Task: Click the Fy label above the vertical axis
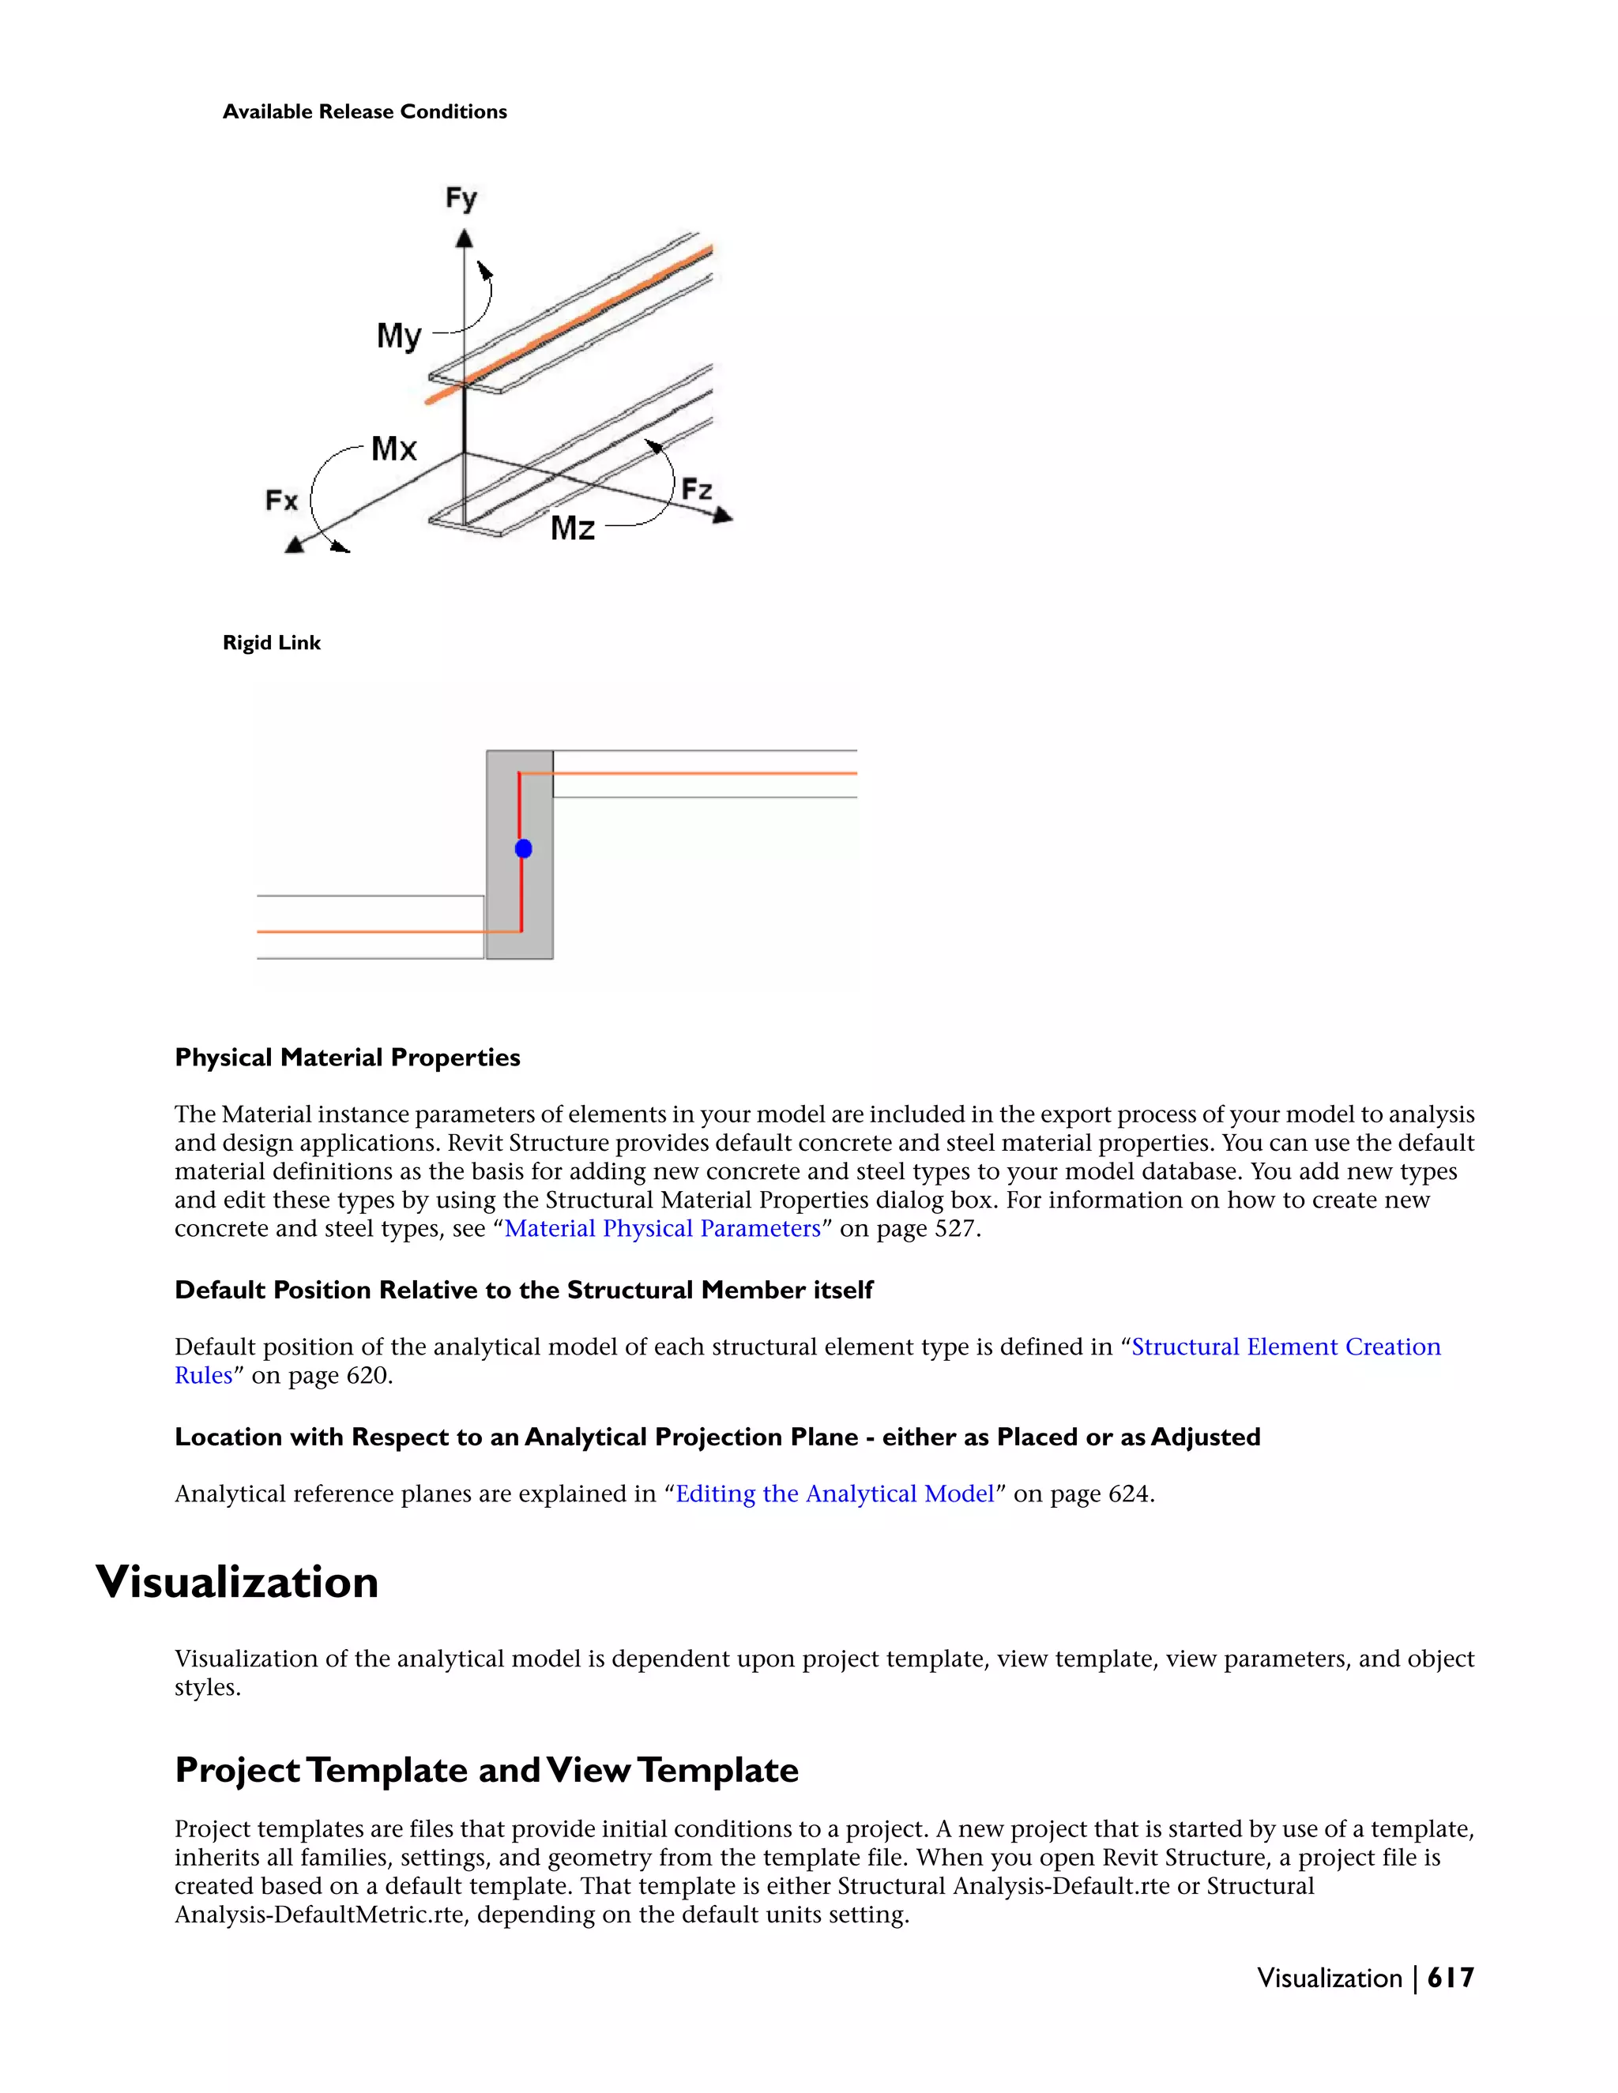(461, 198)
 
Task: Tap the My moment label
(399, 336)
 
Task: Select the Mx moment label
(394, 449)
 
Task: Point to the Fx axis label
(282, 500)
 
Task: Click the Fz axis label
(697, 490)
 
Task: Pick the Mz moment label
(572, 528)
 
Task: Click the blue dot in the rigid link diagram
(523, 849)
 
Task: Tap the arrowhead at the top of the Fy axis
(465, 238)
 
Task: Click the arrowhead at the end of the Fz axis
(724, 517)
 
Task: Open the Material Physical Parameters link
(662, 1229)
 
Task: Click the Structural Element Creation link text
(1285, 1347)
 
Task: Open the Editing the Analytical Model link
(835, 1494)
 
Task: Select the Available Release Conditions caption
(364, 112)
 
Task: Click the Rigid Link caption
(271, 643)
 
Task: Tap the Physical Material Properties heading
(347, 1058)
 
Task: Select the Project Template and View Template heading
(486, 1770)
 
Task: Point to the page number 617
(1451, 1978)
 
